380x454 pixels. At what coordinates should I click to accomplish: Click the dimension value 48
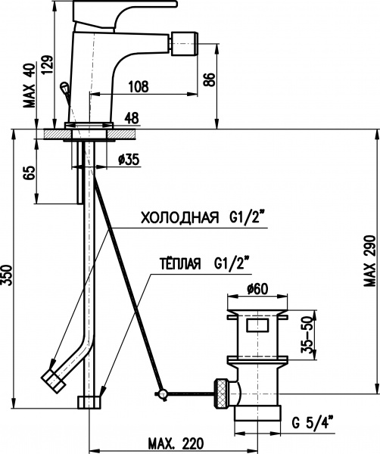click(x=130, y=117)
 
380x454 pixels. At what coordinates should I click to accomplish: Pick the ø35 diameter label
click(x=129, y=159)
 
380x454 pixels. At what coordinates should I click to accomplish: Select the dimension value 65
click(x=30, y=173)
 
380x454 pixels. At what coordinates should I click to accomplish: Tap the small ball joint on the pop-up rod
click(x=160, y=393)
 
